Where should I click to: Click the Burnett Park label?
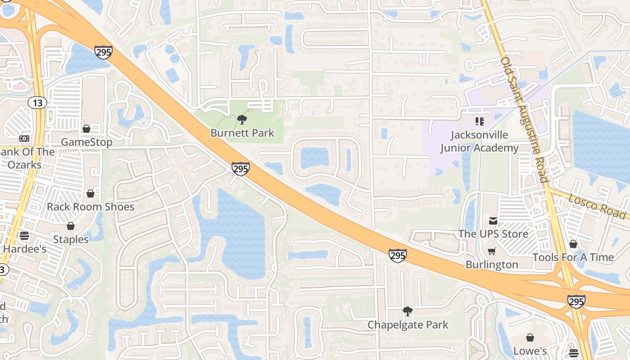[x=242, y=133]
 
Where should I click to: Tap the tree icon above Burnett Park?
[x=242, y=120]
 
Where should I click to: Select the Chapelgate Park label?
[x=408, y=325]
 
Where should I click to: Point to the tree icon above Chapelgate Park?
[x=408, y=311]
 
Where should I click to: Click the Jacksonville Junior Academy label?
[x=479, y=141]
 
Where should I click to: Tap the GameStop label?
[x=86, y=142]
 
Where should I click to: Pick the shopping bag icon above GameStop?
[x=86, y=129]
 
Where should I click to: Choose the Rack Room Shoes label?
[x=90, y=207]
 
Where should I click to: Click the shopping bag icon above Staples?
[x=71, y=226]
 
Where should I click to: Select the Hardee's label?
[x=25, y=249]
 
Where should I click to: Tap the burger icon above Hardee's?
[x=24, y=235]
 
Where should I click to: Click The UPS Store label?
[x=493, y=234]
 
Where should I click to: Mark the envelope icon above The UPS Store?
[x=493, y=221]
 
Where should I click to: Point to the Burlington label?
[x=492, y=265]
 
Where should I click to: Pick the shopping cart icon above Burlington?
[x=492, y=251]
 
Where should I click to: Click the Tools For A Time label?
[x=573, y=257]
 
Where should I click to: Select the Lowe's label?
[x=530, y=351]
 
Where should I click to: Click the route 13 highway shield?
[x=38, y=103]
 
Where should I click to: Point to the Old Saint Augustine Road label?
[x=524, y=119]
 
